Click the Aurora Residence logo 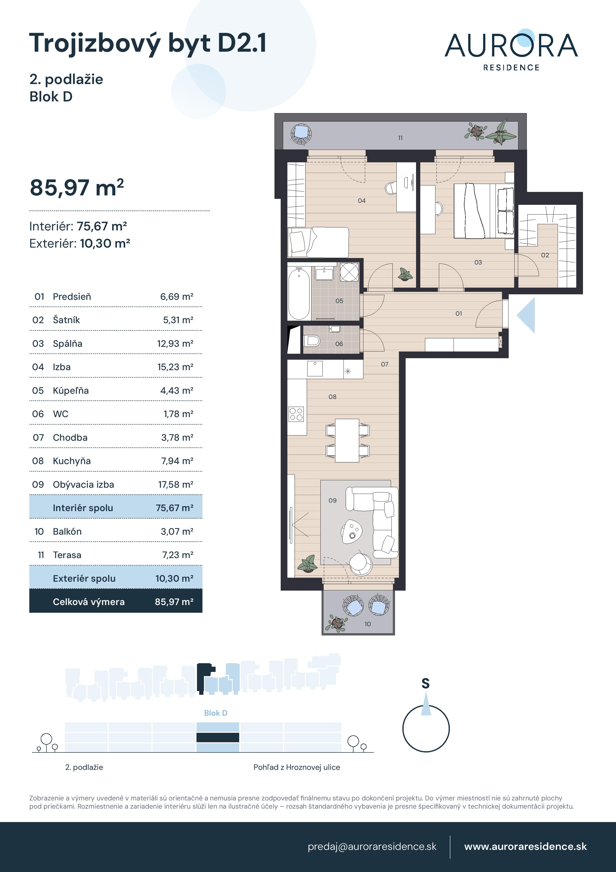pos(511,50)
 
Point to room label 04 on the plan pos(362,201)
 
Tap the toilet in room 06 pos(312,341)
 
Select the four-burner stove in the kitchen pos(296,414)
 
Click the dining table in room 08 pos(347,440)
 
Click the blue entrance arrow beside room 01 pos(527,315)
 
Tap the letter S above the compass pos(425,684)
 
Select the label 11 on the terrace pos(400,138)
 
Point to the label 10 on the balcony pos(367,624)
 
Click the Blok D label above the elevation pos(216,713)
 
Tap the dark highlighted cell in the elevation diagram pos(218,737)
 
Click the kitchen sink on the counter pos(315,368)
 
